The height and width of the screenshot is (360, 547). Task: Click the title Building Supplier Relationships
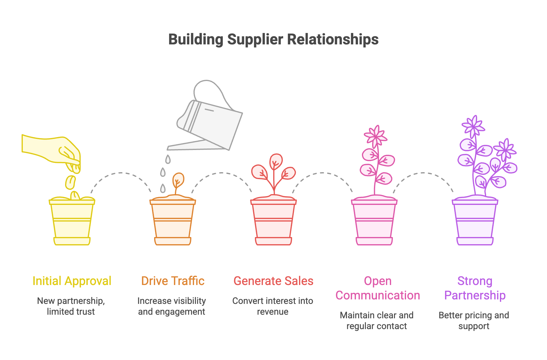pyautogui.click(x=273, y=39)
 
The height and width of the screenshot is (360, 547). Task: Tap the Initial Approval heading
pyautogui.click(x=72, y=281)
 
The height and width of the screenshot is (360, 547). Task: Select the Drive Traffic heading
pyautogui.click(x=173, y=281)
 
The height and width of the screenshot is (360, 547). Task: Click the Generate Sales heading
pyautogui.click(x=273, y=281)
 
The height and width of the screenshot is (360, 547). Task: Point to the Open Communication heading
pyautogui.click(x=378, y=288)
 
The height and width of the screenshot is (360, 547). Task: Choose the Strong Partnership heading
pyautogui.click(x=475, y=288)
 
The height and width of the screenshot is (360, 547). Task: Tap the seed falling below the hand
pyautogui.click(x=70, y=182)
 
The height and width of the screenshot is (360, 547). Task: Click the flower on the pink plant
pyautogui.click(x=375, y=136)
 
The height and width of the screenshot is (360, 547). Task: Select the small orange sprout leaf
pyautogui.click(x=178, y=180)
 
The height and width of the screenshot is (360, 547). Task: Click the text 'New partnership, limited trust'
pyautogui.click(x=71, y=306)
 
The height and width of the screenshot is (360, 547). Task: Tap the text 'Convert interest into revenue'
pyautogui.click(x=273, y=306)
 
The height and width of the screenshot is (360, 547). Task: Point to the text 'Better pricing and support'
pyautogui.click(x=474, y=320)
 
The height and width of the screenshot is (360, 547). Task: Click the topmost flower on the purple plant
pyautogui.click(x=474, y=126)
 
